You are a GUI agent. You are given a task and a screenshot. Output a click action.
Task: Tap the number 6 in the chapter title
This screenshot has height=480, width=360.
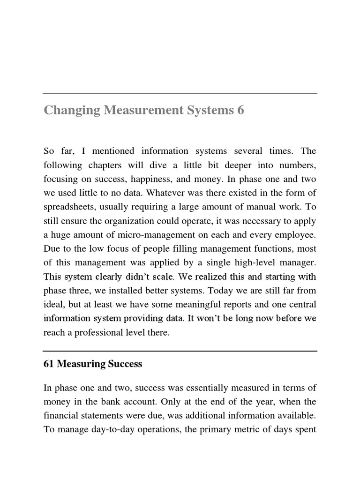(x=240, y=111)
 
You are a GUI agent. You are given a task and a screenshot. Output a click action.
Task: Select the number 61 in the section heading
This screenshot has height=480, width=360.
(x=48, y=364)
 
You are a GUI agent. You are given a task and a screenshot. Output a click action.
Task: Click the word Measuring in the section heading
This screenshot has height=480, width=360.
(x=79, y=364)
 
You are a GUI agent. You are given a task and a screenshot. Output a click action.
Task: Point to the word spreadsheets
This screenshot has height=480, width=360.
(x=67, y=207)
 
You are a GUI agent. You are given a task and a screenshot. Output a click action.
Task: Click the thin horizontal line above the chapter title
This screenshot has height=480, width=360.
(x=180, y=94)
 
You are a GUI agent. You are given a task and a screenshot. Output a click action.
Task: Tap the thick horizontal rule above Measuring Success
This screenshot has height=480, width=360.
(x=180, y=351)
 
